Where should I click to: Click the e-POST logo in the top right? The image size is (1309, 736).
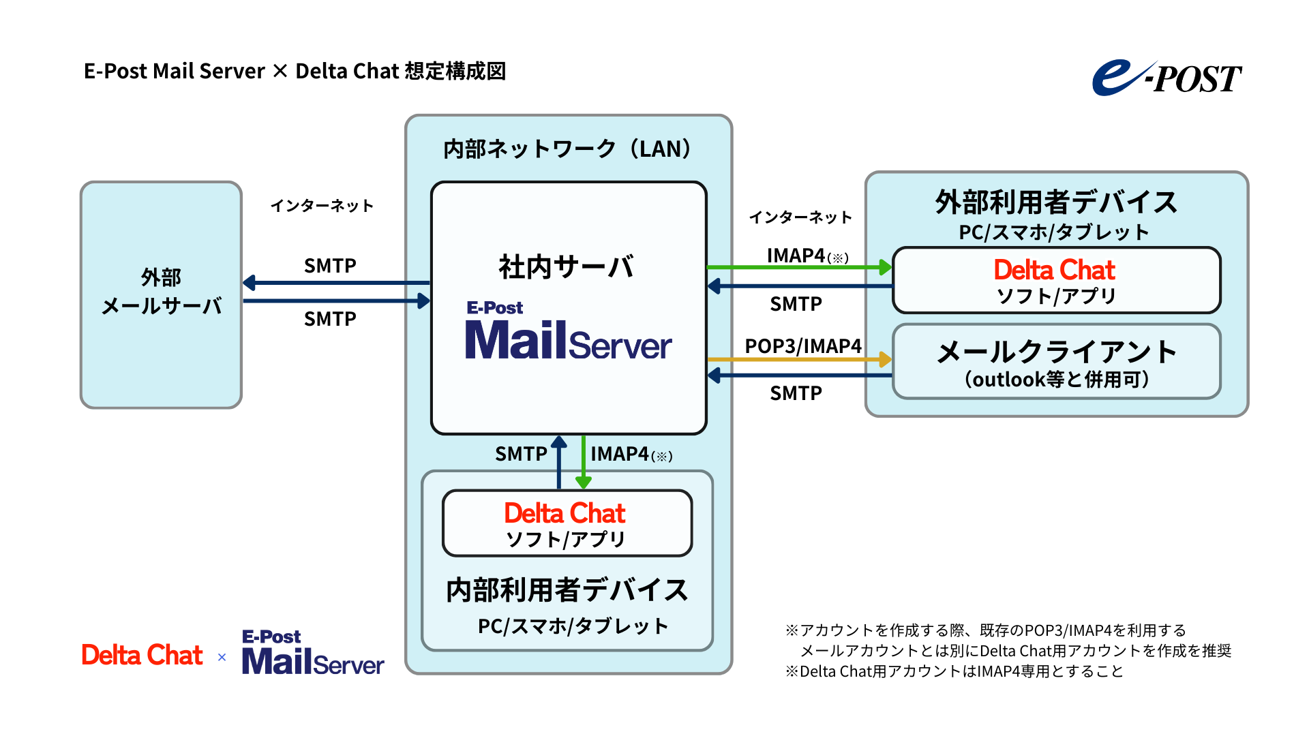[1167, 78]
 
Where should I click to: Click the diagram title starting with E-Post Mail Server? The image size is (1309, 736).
[295, 71]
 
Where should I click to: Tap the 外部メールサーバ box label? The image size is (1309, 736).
[162, 292]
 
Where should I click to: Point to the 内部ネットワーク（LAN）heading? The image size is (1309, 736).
[567, 149]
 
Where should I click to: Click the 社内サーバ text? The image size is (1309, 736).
[567, 266]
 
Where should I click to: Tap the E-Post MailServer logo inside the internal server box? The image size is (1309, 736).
[567, 332]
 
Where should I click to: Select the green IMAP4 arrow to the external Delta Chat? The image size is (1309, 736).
[798, 267]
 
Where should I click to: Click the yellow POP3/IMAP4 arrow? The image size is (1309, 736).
[798, 359]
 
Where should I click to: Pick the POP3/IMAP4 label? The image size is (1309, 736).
[802, 346]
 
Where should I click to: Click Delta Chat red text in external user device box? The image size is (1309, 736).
[1054, 270]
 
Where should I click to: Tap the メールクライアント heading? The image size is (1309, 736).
[1056, 352]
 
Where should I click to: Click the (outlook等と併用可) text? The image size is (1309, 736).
[1056, 380]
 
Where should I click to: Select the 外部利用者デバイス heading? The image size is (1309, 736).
[1056, 202]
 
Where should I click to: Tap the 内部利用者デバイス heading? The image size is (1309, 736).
[567, 589]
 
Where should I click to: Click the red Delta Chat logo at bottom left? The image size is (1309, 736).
[142, 655]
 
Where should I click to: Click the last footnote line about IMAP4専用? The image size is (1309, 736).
[954, 671]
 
